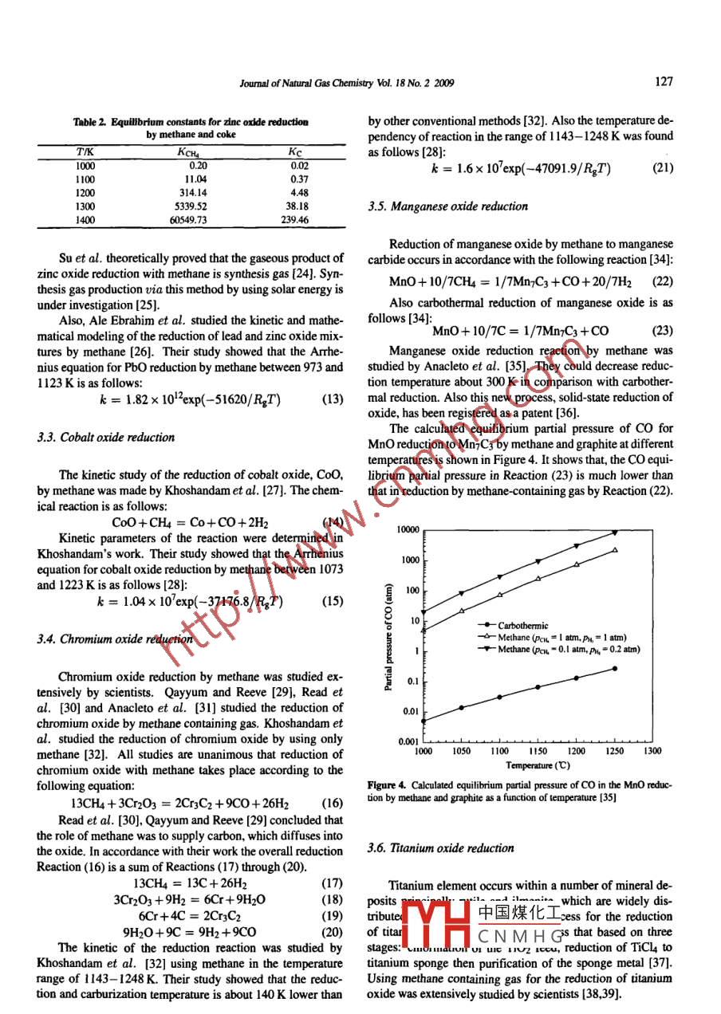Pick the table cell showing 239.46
pyautogui.click(x=294, y=219)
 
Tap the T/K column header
pyautogui.click(x=84, y=151)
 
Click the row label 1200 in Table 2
pyautogui.click(x=85, y=192)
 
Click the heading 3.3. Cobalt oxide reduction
pyautogui.click(x=105, y=437)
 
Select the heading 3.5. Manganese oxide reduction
pyautogui.click(x=447, y=206)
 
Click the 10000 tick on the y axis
pyautogui.click(x=408, y=530)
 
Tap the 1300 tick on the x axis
pyautogui.click(x=652, y=751)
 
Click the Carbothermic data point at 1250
pyautogui.click(x=614, y=668)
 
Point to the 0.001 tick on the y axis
pyautogui.click(x=408, y=741)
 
